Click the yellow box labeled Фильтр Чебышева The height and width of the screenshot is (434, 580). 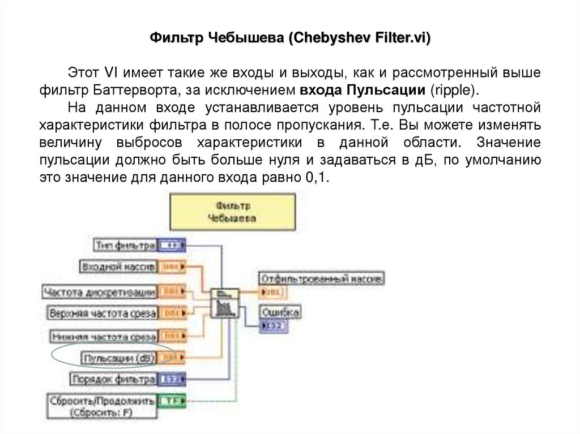232,211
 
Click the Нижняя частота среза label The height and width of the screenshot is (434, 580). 103,336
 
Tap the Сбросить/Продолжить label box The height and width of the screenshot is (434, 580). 102,406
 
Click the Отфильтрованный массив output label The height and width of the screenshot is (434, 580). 322,278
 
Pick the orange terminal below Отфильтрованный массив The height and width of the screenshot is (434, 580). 274,292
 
